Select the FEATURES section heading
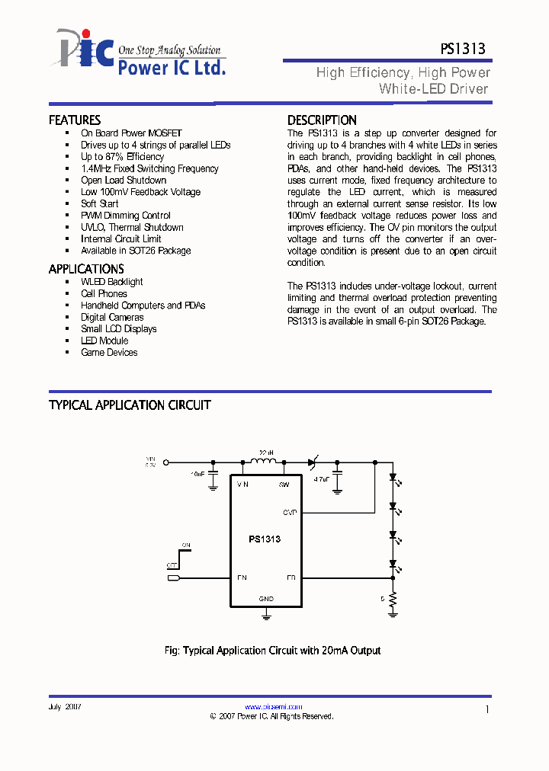pos(75,120)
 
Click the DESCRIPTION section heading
pos(322,120)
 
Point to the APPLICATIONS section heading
pos(86,269)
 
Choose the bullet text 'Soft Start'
pos(100,203)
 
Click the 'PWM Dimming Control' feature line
pos(126,216)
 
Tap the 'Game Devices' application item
pos(109,352)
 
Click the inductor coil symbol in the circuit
pos(264,460)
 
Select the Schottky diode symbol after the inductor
pos(313,462)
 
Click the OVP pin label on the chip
pos(290,512)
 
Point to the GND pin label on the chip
pos(266,599)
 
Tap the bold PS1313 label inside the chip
pos(265,539)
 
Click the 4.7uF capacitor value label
pos(321,479)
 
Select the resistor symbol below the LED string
pos(393,601)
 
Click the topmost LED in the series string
pos(393,478)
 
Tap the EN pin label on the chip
pos(242,577)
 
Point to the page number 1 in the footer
pos(486,709)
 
